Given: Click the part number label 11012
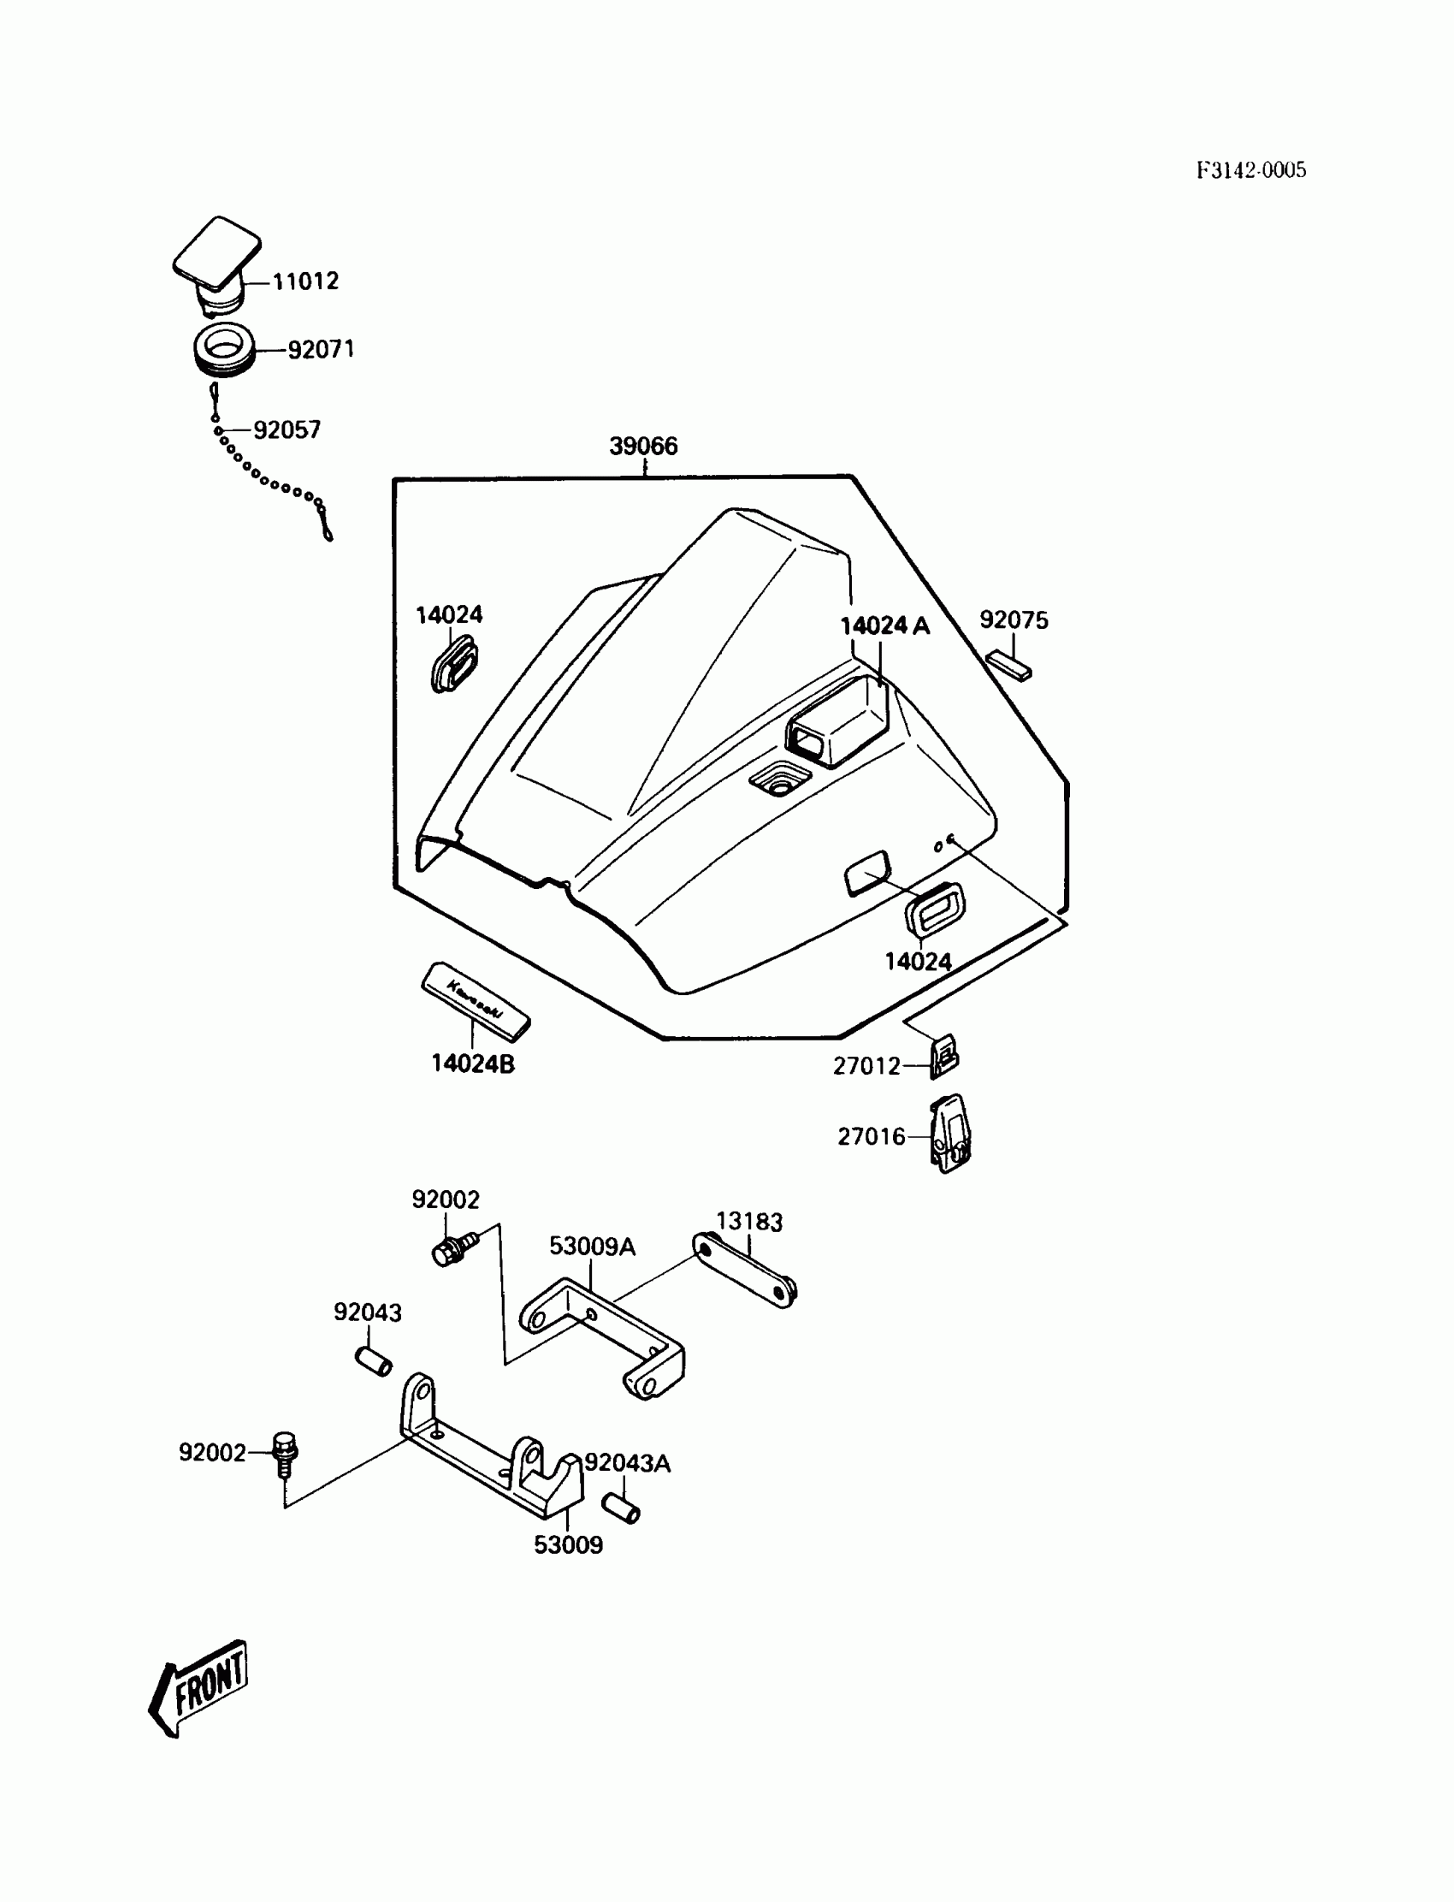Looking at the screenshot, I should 305,281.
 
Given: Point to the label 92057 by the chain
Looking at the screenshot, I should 287,430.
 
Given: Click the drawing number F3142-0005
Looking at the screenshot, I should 1250,170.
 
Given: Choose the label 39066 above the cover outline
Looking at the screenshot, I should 643,447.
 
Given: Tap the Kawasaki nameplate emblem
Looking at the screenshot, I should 476,999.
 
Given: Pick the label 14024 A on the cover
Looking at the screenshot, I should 884,626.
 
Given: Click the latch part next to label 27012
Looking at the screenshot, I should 944,1057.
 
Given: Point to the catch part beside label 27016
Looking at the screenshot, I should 951,1133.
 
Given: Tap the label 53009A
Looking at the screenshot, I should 592,1247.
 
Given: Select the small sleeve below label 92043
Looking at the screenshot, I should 374,1361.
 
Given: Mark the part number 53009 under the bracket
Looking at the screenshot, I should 568,1544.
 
